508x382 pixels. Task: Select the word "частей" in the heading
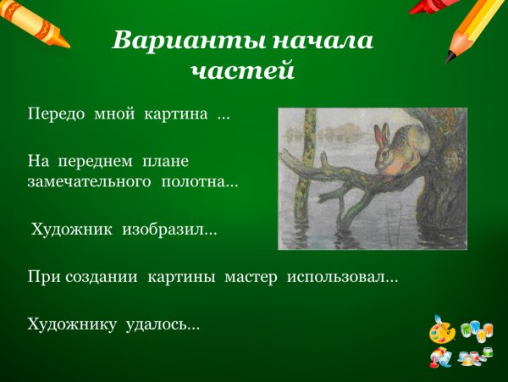tap(242, 71)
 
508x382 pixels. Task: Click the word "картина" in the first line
tap(178, 113)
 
